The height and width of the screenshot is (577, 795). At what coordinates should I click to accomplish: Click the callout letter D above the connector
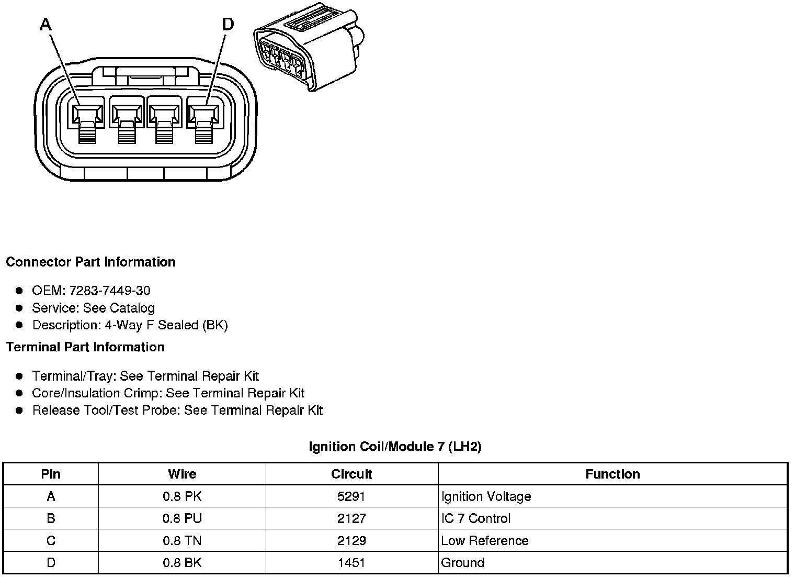tap(228, 24)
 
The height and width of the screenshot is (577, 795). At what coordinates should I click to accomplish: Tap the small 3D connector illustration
tap(309, 47)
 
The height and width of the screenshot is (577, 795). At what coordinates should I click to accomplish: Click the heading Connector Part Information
tap(90, 262)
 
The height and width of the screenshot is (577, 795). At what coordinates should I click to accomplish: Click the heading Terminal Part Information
tap(85, 347)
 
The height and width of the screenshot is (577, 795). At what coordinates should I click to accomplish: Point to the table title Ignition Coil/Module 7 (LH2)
tap(395, 447)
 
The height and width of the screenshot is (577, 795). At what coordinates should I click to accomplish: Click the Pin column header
tap(51, 474)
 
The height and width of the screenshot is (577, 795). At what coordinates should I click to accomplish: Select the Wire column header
tap(182, 474)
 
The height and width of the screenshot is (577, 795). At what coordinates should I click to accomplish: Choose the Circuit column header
tap(351, 474)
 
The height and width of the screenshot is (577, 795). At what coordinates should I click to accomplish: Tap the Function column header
tap(612, 474)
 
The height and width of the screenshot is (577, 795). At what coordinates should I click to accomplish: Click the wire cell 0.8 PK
tap(182, 496)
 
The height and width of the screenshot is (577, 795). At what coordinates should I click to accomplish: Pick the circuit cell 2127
tap(351, 518)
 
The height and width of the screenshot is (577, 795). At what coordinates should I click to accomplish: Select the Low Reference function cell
tap(485, 540)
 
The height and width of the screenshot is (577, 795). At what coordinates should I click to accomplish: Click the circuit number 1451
tap(351, 563)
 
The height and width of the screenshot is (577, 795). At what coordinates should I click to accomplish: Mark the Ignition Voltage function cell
tap(486, 496)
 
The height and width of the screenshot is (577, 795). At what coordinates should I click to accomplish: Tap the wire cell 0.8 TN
tap(182, 540)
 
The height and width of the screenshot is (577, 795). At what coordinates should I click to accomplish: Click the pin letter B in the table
tap(51, 518)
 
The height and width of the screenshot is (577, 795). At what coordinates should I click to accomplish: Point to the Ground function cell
tap(462, 563)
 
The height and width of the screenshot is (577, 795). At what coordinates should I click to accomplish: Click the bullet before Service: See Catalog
tap(19, 308)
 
